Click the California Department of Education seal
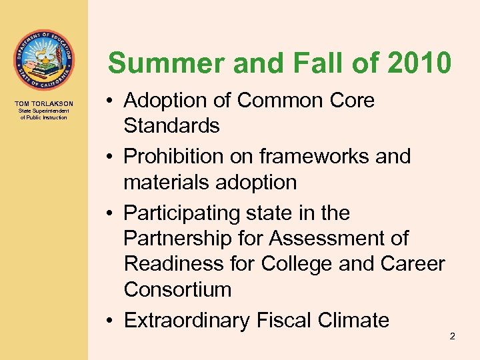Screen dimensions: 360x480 coord(44,59)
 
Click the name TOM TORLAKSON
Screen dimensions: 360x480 coord(44,104)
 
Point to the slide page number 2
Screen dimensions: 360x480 coord(452,337)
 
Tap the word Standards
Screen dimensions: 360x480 coord(171,126)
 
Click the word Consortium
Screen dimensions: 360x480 coord(177,289)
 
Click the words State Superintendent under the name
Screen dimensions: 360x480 coord(44,112)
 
